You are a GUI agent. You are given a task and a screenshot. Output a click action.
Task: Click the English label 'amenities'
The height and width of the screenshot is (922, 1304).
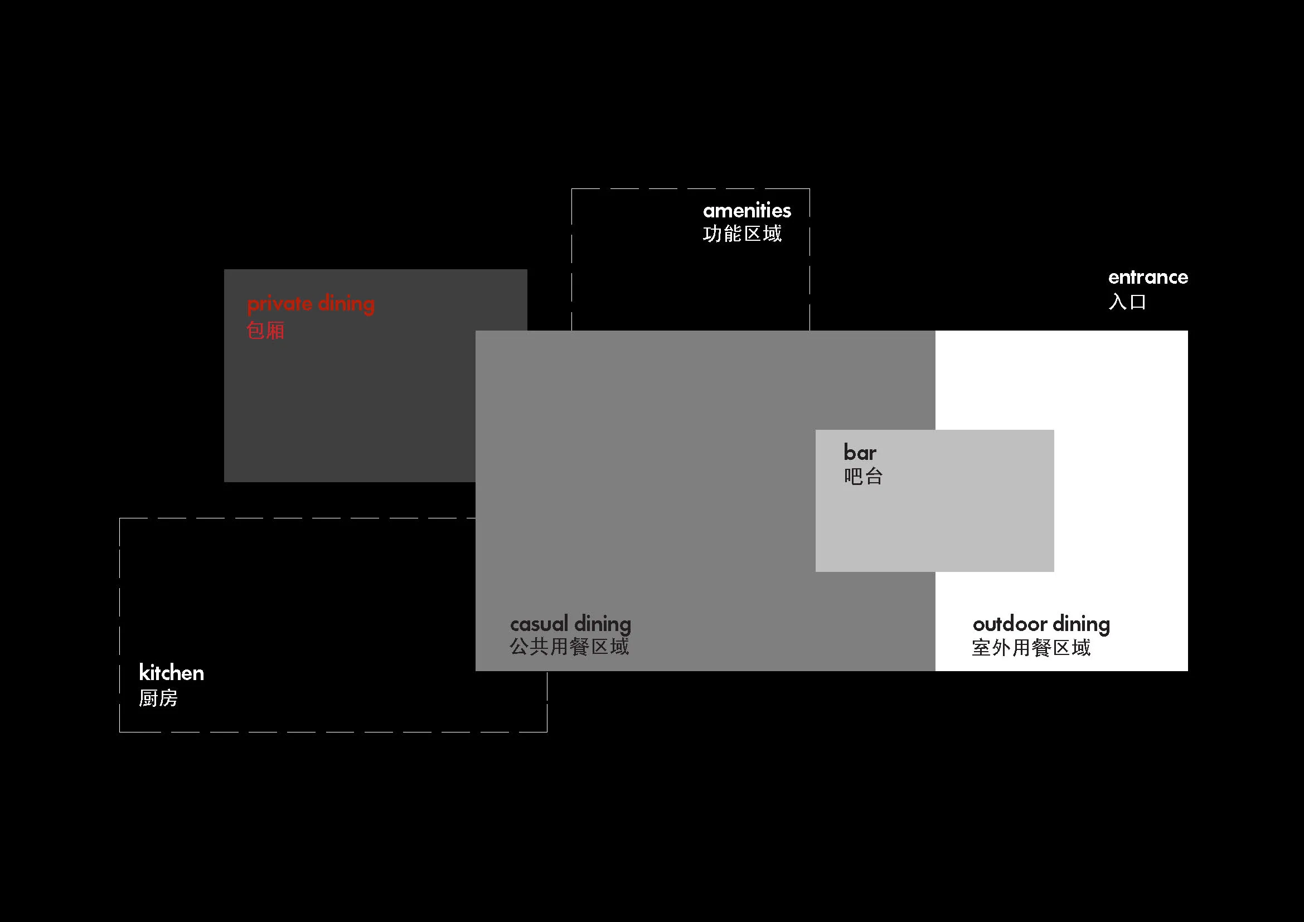(x=747, y=211)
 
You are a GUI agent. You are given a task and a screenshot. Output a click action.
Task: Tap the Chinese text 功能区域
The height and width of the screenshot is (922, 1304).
(x=742, y=234)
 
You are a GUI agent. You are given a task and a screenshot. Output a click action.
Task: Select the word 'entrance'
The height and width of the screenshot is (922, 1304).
(x=1148, y=277)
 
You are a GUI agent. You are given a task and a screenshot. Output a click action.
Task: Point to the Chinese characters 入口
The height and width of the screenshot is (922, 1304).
(x=1127, y=301)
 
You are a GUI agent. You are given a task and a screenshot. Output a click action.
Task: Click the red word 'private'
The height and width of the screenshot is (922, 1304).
(x=279, y=304)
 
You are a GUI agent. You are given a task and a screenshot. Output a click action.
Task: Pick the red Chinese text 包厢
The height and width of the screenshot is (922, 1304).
(x=265, y=331)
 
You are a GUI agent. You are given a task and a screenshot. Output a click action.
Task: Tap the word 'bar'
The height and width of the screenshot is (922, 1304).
(x=860, y=453)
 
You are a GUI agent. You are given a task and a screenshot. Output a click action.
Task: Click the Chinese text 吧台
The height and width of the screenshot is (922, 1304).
(x=863, y=476)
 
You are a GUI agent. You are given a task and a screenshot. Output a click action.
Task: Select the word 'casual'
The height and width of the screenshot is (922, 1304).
(x=539, y=624)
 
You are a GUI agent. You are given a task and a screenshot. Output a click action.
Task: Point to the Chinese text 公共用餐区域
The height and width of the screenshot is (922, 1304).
(x=569, y=647)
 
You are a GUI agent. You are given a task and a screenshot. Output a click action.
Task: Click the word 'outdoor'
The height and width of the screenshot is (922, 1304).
(x=1010, y=624)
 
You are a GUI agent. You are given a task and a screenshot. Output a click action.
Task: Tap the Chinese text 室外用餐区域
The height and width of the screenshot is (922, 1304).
(x=1031, y=648)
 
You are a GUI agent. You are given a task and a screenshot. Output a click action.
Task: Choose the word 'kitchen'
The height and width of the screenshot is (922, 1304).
(x=171, y=673)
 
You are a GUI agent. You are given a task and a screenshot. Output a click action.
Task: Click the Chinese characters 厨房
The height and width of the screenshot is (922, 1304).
(x=158, y=698)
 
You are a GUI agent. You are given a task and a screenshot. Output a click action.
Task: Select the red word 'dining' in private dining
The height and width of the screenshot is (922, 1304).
(x=346, y=304)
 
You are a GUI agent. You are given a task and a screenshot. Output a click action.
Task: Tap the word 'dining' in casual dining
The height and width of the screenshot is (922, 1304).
(x=602, y=624)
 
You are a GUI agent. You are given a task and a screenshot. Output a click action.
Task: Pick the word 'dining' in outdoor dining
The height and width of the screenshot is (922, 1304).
(x=1082, y=624)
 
